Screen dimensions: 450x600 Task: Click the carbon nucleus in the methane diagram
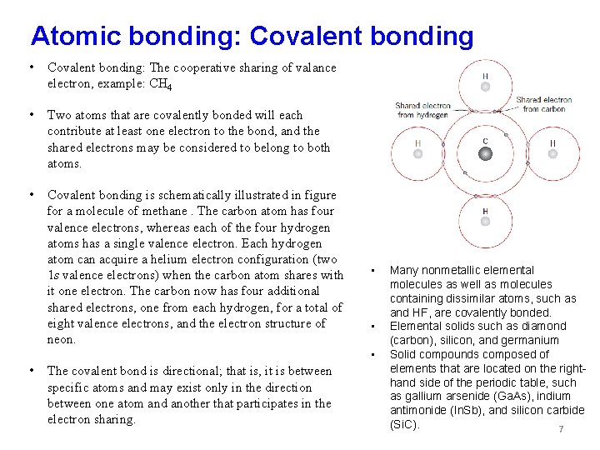tap(485, 154)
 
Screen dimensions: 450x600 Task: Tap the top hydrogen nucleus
tap(485, 87)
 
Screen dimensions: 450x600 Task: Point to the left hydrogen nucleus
tap(417, 154)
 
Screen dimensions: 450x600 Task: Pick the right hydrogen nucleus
tap(552, 154)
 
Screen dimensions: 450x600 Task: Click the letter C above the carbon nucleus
tap(485, 140)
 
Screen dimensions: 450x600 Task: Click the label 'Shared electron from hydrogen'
tap(422, 110)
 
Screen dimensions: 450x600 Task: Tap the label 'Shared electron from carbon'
tap(542, 104)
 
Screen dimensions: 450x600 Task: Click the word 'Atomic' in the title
tap(74, 36)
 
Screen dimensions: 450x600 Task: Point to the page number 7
tap(561, 429)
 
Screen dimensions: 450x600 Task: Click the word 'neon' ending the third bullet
tap(62, 339)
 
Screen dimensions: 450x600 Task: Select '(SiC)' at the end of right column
tap(404, 425)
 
